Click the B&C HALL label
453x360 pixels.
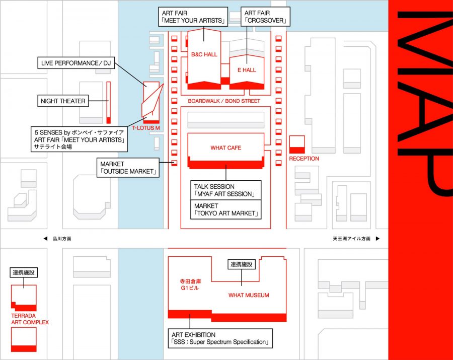(x=204, y=54)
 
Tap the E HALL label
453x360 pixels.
(x=247, y=70)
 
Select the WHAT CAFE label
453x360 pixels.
(x=225, y=148)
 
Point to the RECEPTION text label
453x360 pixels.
(x=304, y=159)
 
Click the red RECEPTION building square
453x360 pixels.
(x=297, y=144)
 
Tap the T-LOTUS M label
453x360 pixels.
(x=146, y=128)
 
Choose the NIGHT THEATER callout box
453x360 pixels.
(x=63, y=101)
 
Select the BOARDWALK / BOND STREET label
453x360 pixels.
(x=224, y=101)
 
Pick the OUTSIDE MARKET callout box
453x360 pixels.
(x=128, y=168)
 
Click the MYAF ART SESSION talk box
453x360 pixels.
(x=226, y=190)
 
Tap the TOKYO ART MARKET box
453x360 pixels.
(x=226, y=210)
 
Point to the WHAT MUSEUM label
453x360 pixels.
(x=249, y=295)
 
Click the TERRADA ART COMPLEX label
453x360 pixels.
(x=30, y=319)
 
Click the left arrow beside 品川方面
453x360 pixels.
(x=46, y=239)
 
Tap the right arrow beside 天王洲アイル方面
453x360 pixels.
(x=377, y=239)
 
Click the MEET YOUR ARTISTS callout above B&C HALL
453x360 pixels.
(x=193, y=17)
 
